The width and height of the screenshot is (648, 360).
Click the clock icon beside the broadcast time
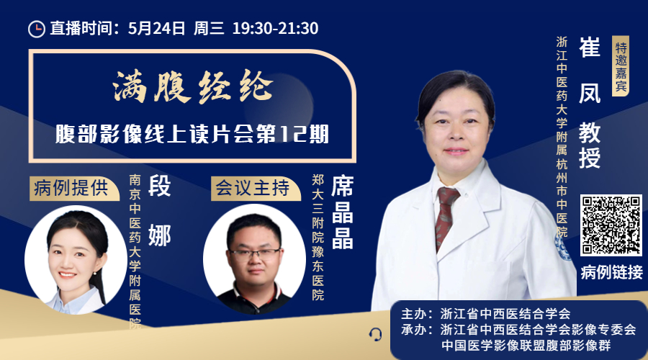(x=37, y=29)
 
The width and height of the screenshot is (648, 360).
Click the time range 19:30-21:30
(x=275, y=29)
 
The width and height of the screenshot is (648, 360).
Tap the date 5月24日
(x=157, y=29)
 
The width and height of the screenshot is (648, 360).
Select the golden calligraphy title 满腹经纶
(x=193, y=86)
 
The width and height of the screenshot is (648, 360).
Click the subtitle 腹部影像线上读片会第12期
(x=192, y=134)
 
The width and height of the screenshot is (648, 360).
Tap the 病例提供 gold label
(x=73, y=189)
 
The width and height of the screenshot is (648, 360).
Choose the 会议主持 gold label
(x=253, y=189)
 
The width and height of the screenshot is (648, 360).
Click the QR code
(x=611, y=225)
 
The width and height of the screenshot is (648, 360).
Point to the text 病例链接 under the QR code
(x=611, y=272)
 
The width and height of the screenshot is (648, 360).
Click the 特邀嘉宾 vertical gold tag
(x=621, y=66)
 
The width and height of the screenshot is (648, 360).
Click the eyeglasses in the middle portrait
(x=255, y=253)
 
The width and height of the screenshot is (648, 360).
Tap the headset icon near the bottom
(x=375, y=334)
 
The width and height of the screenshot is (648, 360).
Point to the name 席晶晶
(x=343, y=212)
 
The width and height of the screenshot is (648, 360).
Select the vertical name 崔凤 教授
(x=590, y=102)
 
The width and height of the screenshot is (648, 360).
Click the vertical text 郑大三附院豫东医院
(x=318, y=237)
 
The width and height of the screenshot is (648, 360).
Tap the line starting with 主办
(x=485, y=314)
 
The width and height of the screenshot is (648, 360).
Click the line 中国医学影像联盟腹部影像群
(x=526, y=346)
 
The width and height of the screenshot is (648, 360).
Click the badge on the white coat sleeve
(x=562, y=247)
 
